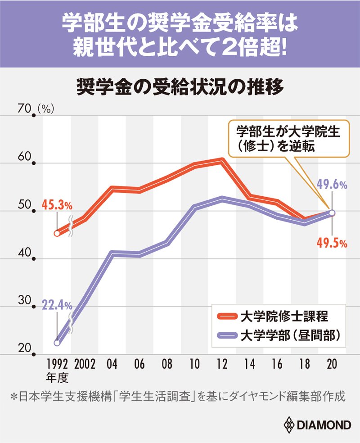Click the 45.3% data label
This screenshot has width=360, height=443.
[x=57, y=206]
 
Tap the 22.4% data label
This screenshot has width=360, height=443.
[x=57, y=305]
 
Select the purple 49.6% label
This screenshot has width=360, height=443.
[x=332, y=184]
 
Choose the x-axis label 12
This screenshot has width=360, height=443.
[x=222, y=364]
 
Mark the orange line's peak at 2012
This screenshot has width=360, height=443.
[x=222, y=160]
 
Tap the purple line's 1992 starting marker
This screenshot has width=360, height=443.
[x=57, y=343]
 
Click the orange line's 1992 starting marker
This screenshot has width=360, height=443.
[x=57, y=233]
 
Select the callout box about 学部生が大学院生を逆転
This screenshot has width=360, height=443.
[x=288, y=138]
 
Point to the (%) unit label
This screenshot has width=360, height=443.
[x=46, y=108]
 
